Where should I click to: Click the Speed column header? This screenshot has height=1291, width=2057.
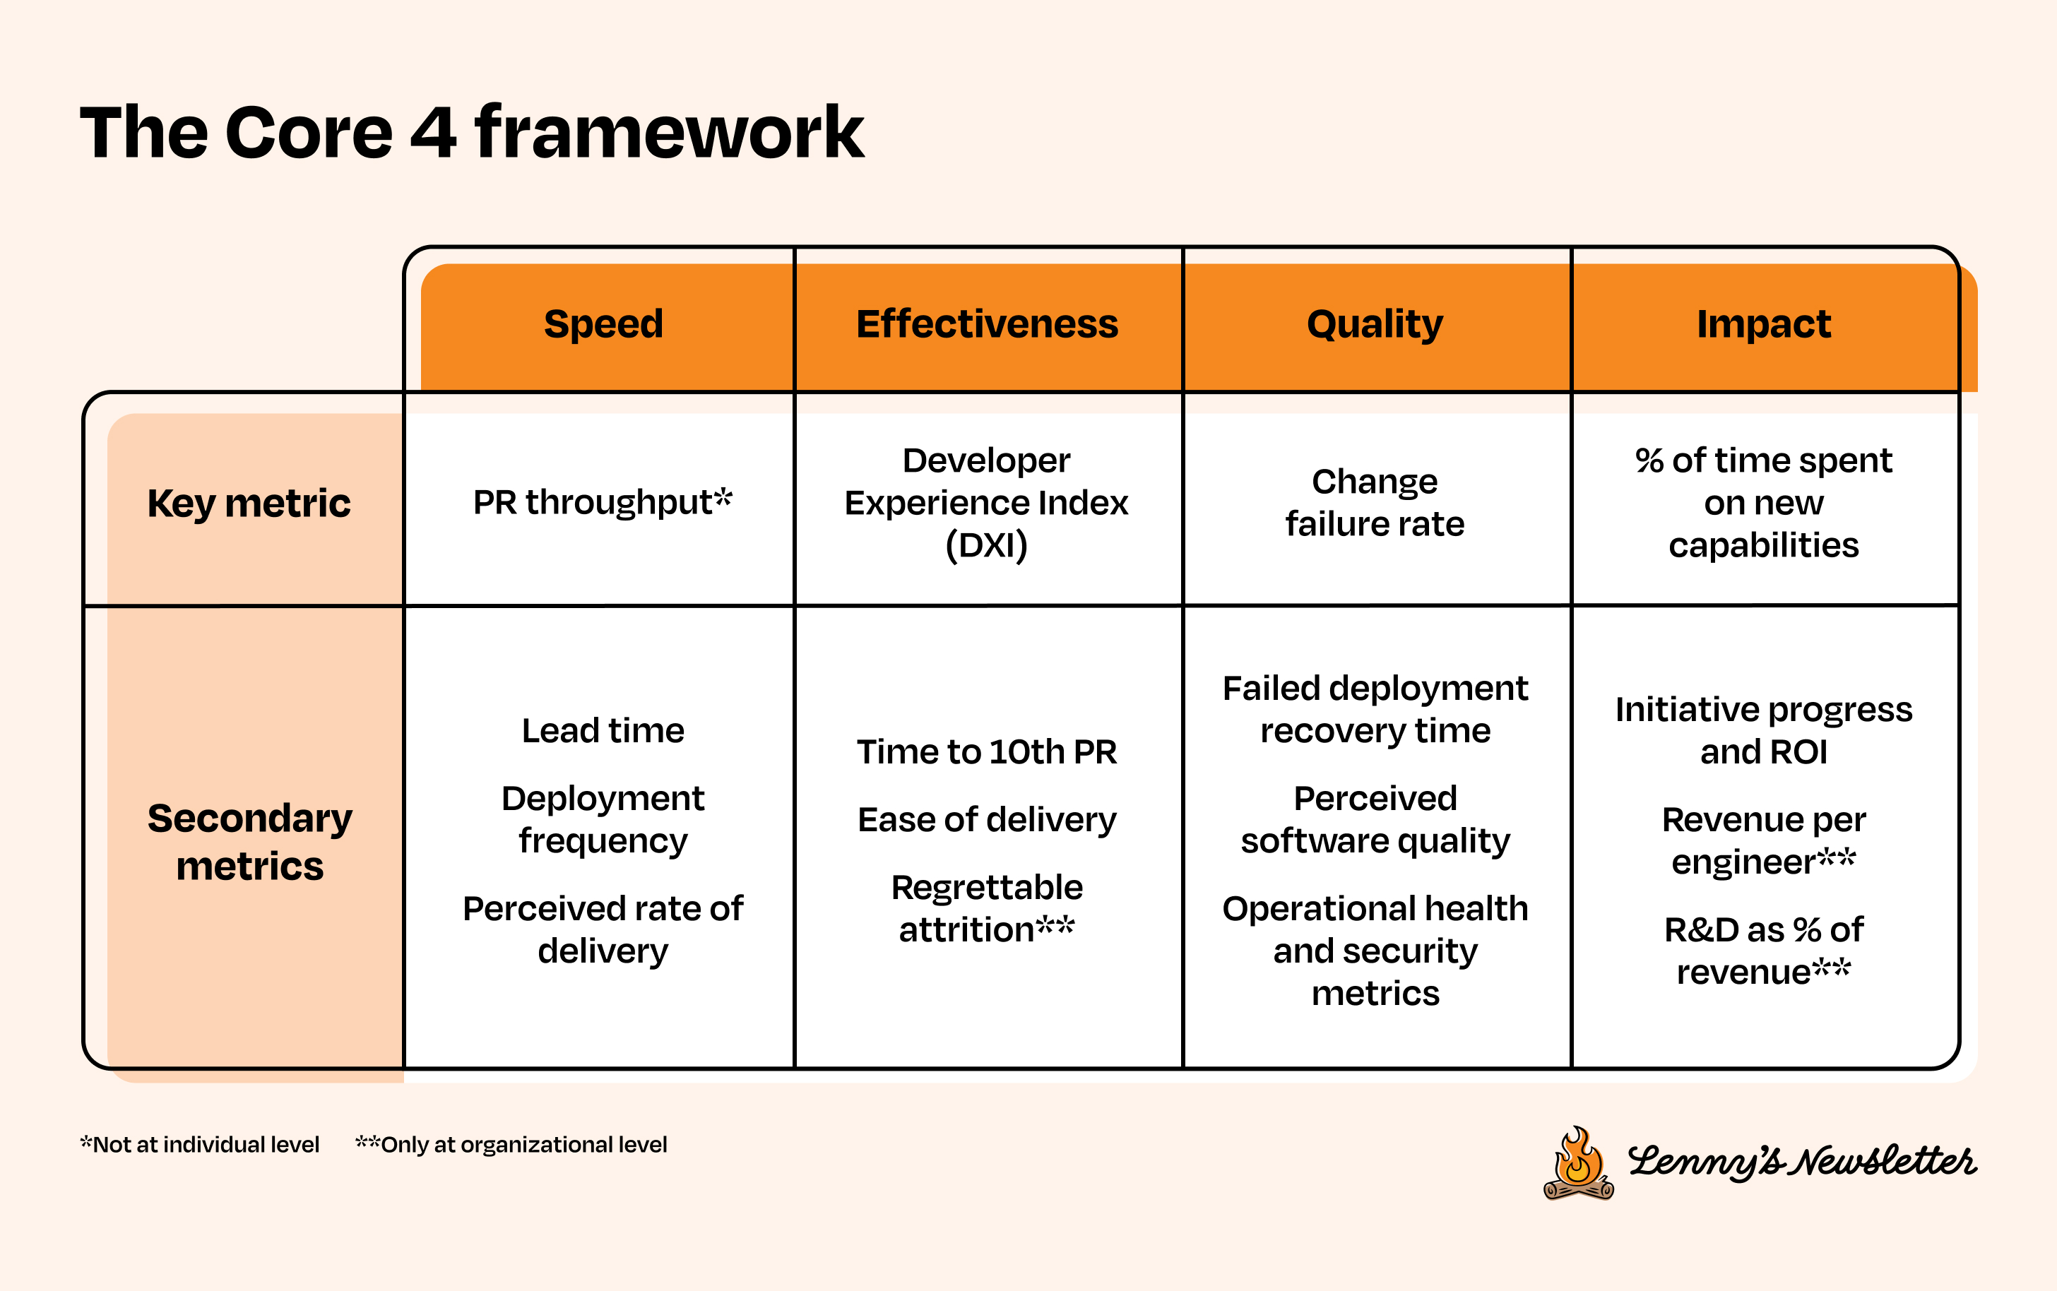pos(603,324)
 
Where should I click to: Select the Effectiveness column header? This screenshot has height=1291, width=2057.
pos(987,324)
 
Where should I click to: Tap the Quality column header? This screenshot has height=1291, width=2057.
pos(1375,324)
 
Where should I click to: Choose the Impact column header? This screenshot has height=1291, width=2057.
pos(1763,324)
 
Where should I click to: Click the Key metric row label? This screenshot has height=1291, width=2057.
pos(249,503)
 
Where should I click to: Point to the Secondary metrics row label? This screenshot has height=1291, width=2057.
pos(249,842)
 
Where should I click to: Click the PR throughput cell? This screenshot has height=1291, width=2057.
pos(602,502)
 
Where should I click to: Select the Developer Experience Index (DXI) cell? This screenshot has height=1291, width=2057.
pos(986,502)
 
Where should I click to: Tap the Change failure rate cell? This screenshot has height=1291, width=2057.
pos(1375,502)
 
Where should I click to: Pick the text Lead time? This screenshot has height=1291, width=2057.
pos(603,731)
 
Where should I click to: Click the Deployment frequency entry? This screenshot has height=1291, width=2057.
pos(603,820)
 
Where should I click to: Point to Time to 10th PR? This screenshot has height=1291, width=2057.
pos(986,752)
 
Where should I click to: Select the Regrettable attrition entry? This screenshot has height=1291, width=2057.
pos(986,908)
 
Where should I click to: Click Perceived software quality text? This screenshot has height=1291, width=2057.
pos(1375,820)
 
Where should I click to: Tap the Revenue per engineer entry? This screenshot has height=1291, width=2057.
pos(1763,841)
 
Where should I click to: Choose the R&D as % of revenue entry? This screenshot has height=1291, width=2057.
pos(1763,951)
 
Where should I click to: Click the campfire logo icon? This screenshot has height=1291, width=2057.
pos(1578,1164)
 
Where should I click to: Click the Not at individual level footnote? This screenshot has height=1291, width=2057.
pos(201,1145)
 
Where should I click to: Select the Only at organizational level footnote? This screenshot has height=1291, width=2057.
pos(511,1145)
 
